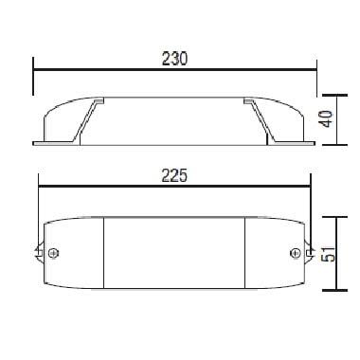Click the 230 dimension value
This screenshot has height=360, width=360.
click(x=174, y=59)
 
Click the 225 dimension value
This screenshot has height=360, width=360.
click(x=174, y=175)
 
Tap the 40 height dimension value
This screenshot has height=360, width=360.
click(x=327, y=118)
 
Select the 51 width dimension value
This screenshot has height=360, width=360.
click(x=328, y=254)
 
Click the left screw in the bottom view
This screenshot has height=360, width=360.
click(x=54, y=253)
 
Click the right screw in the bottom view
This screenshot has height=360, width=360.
click(x=296, y=253)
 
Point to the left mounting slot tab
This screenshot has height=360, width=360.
click(x=39, y=253)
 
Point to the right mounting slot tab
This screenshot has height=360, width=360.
click(x=310, y=252)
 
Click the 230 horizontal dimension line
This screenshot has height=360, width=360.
click(x=174, y=69)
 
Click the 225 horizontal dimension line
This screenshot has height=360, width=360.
click(x=174, y=187)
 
